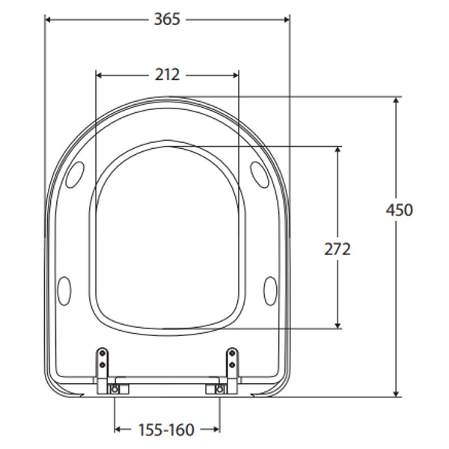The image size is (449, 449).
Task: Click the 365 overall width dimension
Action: click(x=168, y=19)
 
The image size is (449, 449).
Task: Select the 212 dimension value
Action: click(x=168, y=75)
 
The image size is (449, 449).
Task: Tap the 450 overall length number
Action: click(x=398, y=210)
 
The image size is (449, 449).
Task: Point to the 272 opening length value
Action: click(x=337, y=249)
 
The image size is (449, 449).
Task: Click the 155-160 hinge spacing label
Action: click(x=166, y=430)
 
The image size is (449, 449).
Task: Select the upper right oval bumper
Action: click(x=259, y=173)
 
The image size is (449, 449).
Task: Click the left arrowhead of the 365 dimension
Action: click(x=49, y=19)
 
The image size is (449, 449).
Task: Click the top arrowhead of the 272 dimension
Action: click(x=338, y=150)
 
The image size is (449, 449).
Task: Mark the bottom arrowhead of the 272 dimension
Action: click(x=338, y=324)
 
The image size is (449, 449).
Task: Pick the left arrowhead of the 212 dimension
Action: click(x=101, y=75)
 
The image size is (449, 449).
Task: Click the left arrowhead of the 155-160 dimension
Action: click(x=118, y=430)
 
